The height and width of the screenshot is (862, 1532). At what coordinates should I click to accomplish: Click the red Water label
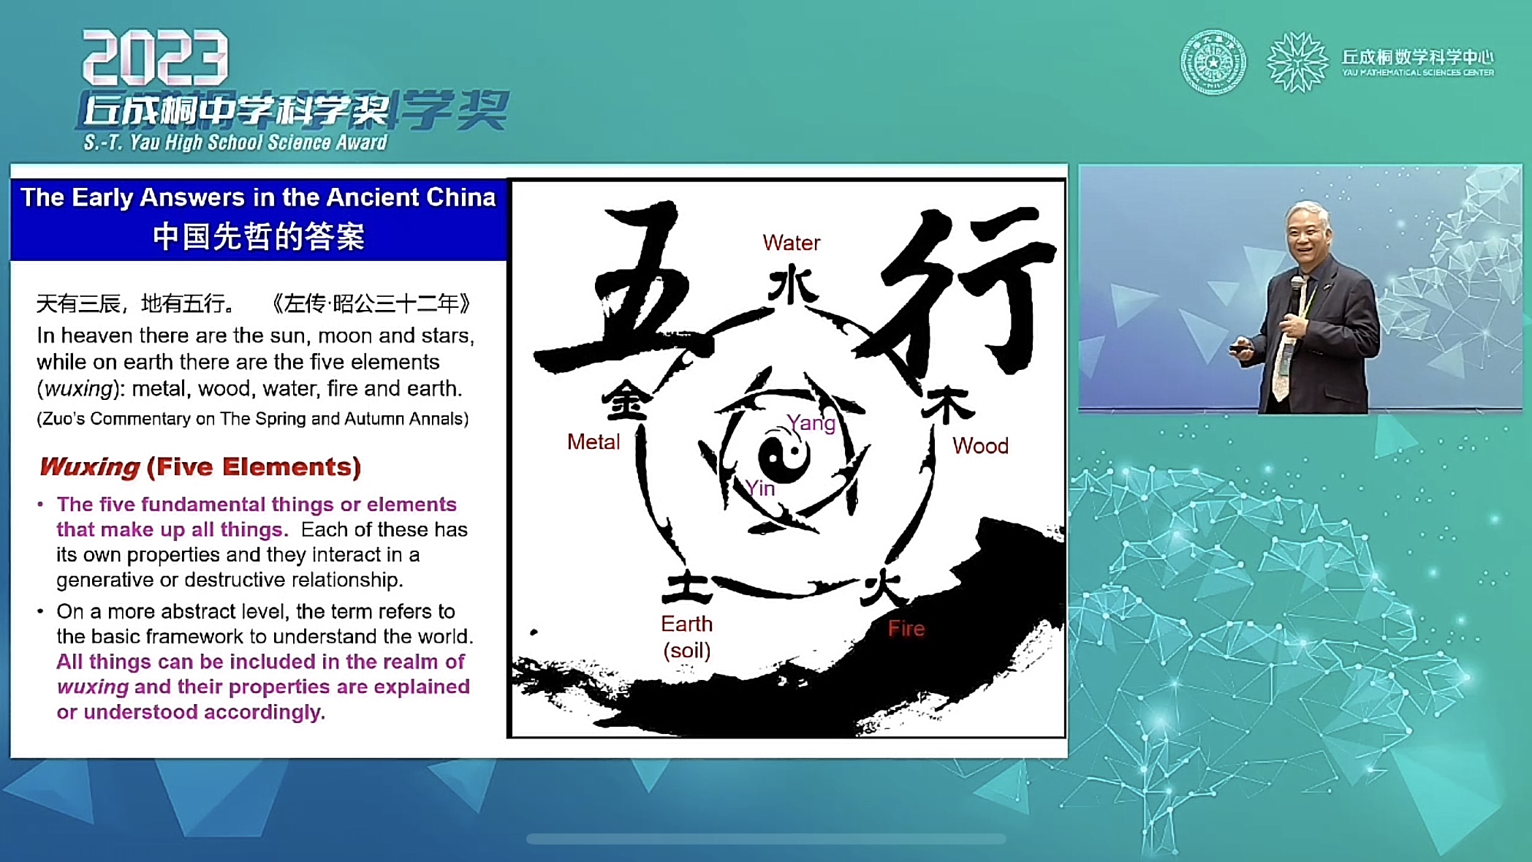click(x=791, y=243)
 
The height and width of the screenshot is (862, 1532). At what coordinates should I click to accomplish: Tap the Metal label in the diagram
click(x=594, y=442)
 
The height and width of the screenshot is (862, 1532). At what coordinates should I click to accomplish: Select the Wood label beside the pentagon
click(x=980, y=445)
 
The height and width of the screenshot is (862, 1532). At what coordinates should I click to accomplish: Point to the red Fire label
click(x=906, y=628)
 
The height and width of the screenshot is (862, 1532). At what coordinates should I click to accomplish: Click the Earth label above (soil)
click(x=686, y=624)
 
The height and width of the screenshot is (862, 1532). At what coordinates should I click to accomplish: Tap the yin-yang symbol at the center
click(x=784, y=455)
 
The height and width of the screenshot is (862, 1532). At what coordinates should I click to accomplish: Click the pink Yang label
click(x=811, y=423)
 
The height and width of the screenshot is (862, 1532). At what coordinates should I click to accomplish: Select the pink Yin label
click(x=760, y=488)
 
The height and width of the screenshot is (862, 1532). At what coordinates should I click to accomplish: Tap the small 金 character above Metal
click(x=626, y=399)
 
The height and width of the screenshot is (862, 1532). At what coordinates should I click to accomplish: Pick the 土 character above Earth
click(x=687, y=586)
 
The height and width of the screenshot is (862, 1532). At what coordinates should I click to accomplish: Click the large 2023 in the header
click(x=155, y=58)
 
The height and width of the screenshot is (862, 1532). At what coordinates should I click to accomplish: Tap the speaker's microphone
click(x=1296, y=295)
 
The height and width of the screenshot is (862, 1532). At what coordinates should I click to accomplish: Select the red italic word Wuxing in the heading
click(x=89, y=466)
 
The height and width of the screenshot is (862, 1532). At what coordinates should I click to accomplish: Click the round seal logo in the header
click(x=1213, y=62)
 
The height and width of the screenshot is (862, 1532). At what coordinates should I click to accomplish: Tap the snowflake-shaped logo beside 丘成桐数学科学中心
click(x=1297, y=62)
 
